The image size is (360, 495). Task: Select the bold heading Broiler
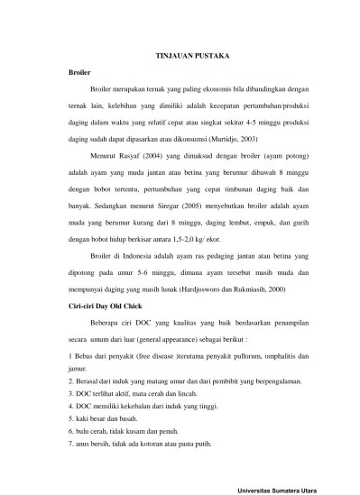coord(80,71)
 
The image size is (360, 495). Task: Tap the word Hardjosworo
coord(209,263)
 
